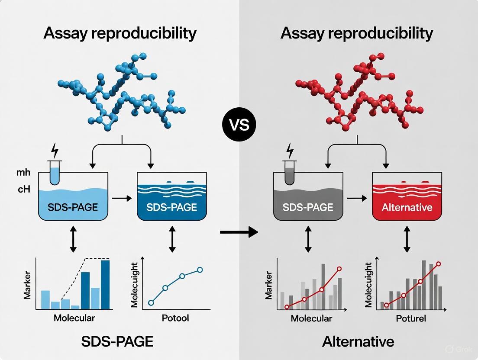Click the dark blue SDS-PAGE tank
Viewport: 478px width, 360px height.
tap(171, 197)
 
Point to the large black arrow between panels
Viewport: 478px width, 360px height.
tap(238, 233)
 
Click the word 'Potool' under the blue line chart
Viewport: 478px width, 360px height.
tap(175, 318)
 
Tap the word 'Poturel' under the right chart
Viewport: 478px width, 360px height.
tap(411, 318)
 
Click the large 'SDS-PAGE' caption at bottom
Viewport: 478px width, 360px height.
tap(117, 342)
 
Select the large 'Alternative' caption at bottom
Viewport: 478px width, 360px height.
tap(358, 342)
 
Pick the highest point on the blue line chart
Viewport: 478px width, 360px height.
tap(200, 270)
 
